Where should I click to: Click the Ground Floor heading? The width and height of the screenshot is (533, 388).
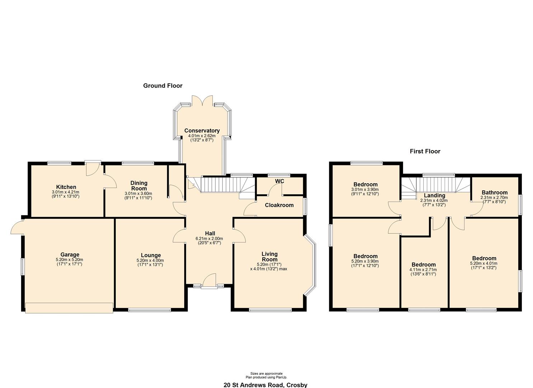click(163, 86)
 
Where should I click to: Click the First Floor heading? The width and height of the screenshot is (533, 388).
click(425, 151)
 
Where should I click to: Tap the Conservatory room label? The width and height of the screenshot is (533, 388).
click(202, 130)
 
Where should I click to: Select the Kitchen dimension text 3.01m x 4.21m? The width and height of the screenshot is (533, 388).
click(66, 192)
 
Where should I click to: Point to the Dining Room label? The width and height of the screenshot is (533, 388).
click(139, 186)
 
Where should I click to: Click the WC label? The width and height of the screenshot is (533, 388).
click(280, 181)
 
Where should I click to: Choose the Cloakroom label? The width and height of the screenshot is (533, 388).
click(279, 205)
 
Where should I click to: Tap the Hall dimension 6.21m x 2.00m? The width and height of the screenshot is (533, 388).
click(209, 239)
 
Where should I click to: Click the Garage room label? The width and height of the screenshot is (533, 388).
click(70, 255)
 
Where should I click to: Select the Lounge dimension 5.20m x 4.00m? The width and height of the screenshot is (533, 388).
click(150, 260)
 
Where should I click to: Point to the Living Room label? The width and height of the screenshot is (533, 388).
click(269, 257)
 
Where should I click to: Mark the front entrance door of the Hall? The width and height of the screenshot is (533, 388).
click(209, 281)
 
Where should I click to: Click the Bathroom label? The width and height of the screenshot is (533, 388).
click(494, 192)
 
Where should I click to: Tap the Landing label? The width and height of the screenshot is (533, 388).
click(435, 195)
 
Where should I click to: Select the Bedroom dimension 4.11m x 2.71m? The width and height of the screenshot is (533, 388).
click(424, 269)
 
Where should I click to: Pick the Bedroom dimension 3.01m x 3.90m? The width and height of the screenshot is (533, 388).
click(365, 189)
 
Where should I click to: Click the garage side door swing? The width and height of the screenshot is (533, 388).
click(17, 227)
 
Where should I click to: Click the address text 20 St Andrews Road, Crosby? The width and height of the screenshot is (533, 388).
click(265, 385)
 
